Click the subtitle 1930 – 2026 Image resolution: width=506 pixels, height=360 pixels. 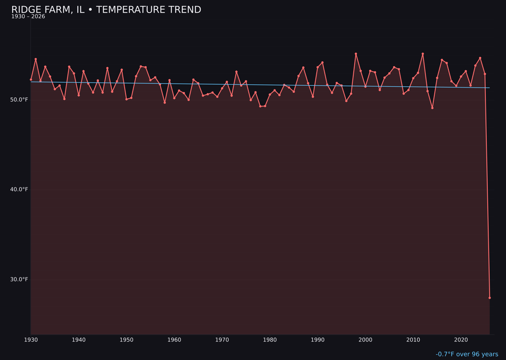tap(28, 17)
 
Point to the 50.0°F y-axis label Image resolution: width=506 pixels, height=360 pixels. tap(19, 99)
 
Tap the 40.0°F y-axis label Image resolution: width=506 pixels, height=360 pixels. tap(19, 189)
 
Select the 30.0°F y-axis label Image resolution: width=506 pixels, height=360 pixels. tap(19, 279)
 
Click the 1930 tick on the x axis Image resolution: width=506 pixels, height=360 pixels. tap(31, 340)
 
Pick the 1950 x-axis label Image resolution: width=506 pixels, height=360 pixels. tap(126, 340)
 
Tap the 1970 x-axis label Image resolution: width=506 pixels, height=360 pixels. tap(222, 340)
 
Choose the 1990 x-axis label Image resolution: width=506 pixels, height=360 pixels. tap(318, 340)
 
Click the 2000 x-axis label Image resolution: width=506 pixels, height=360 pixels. tap(365, 340)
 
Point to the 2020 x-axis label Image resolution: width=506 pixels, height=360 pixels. tap(461, 340)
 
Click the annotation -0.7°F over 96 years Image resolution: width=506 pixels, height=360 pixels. tap(467, 354)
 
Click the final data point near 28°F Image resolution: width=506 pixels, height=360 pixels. tap(490, 298)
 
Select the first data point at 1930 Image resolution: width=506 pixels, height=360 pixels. tap(31, 80)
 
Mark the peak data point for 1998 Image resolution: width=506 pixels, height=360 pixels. tap(356, 54)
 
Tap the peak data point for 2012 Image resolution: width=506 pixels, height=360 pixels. tap(423, 54)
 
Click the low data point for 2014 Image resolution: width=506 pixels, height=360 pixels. tap(432, 108)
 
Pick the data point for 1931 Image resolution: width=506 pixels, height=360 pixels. tap(36, 59)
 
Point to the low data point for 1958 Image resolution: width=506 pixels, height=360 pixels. tap(164, 102)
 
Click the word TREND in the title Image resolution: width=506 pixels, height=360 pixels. tap(183, 10)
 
